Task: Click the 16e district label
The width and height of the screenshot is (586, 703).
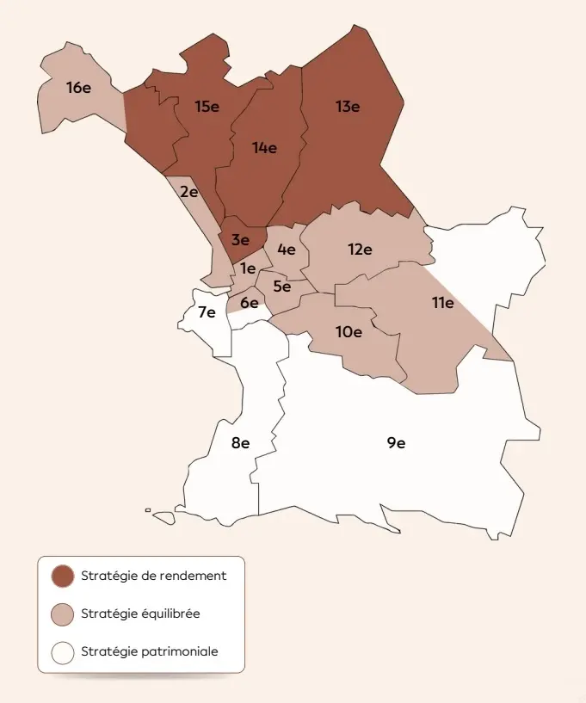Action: click(78, 87)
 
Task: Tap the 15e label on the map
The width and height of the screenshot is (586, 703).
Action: click(207, 107)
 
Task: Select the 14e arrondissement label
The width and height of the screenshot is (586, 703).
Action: click(264, 147)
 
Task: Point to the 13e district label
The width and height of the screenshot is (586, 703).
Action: click(348, 107)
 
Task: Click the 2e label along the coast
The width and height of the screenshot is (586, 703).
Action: click(189, 192)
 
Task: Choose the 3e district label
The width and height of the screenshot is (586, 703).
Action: click(240, 240)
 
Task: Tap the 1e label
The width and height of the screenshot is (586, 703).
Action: click(248, 268)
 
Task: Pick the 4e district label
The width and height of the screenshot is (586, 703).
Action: click(287, 250)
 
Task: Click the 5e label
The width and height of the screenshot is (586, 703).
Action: click(281, 287)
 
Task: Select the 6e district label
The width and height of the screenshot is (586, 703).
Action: click(250, 302)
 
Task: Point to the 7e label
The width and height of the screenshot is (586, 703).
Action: click(207, 312)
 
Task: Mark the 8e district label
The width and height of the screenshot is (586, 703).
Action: click(240, 443)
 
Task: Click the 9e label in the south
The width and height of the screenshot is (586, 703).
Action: click(396, 443)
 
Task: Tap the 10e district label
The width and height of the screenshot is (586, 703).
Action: click(349, 331)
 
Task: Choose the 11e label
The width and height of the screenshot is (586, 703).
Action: click(442, 303)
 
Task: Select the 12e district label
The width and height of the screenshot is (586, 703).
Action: click(360, 250)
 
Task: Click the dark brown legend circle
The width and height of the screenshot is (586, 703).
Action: click(63, 577)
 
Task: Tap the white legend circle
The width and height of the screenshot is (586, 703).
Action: click(63, 652)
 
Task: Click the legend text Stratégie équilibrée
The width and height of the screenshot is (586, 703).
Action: click(140, 614)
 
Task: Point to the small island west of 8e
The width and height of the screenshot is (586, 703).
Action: click(148, 510)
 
